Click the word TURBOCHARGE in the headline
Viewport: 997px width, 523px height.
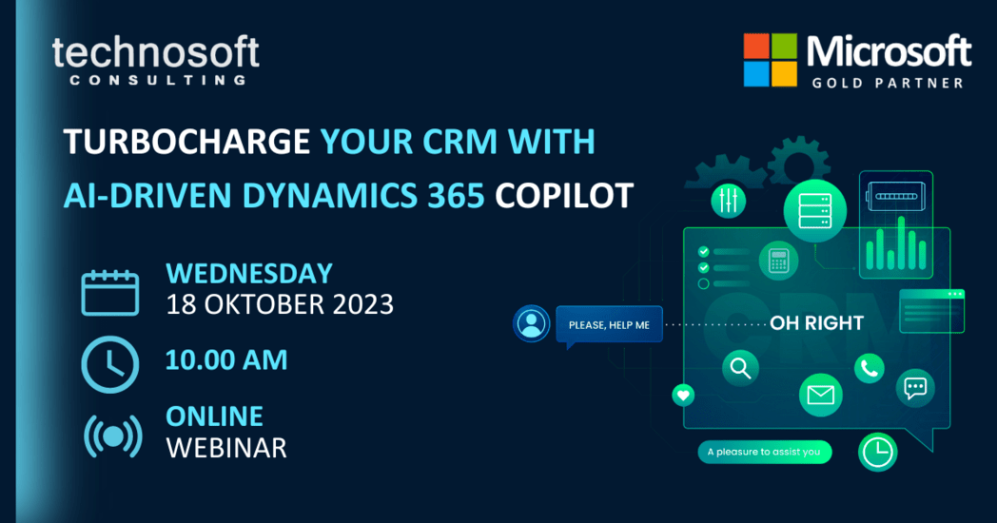pos(186,141)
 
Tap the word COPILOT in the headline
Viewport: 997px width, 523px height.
pos(564,195)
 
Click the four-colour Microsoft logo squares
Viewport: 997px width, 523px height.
pos(770,60)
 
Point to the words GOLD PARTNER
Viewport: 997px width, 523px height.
pos(888,83)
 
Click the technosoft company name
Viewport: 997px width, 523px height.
pos(156,51)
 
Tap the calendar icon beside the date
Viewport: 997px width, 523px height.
pos(110,292)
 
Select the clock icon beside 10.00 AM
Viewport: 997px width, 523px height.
pos(110,364)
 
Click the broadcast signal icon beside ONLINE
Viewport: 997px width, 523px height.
pos(112,436)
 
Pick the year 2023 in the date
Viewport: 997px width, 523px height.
pos(363,304)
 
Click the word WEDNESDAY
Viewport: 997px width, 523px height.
pos(249,273)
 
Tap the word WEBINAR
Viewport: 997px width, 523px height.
pos(226,448)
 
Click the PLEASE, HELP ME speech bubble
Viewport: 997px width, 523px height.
pos(609,325)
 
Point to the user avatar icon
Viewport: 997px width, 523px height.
pos(532,323)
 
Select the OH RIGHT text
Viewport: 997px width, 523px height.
pos(816,322)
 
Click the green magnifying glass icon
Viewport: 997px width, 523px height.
pos(740,367)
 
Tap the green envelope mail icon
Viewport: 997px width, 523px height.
pos(820,395)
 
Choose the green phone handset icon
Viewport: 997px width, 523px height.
pos(870,368)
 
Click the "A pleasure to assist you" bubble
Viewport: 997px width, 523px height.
pos(764,452)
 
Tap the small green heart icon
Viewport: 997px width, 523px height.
pos(683,396)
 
